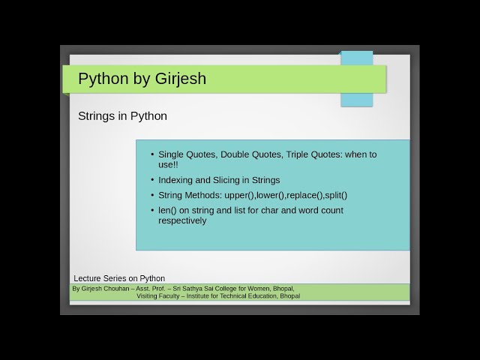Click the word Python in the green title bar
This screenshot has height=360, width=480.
click(100, 79)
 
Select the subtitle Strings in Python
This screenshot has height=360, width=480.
click(122, 116)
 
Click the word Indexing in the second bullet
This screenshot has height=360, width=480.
click(177, 180)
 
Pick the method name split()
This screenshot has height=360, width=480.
click(335, 196)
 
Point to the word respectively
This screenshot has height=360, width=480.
click(182, 220)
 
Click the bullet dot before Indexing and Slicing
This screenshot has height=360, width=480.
click(152, 180)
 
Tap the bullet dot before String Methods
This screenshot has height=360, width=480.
click(152, 196)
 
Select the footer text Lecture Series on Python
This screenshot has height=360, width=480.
click(119, 278)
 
